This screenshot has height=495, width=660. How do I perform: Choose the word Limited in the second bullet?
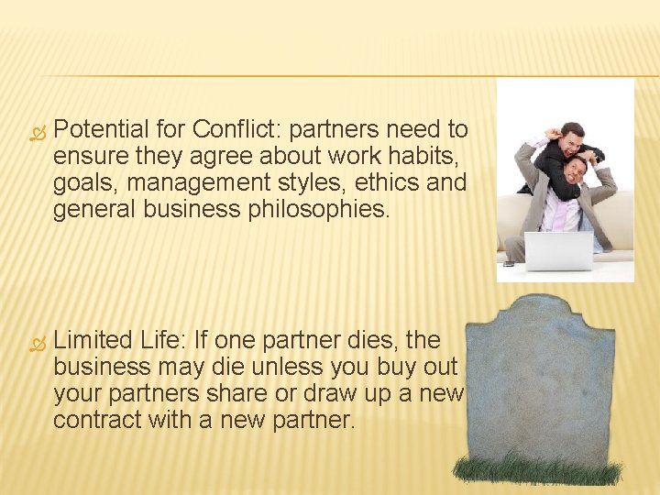click(93, 340)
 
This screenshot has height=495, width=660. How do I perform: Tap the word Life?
click(163, 340)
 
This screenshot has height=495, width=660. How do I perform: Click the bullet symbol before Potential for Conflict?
click(36, 131)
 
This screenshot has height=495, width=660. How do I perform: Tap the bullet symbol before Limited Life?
click(36, 341)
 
